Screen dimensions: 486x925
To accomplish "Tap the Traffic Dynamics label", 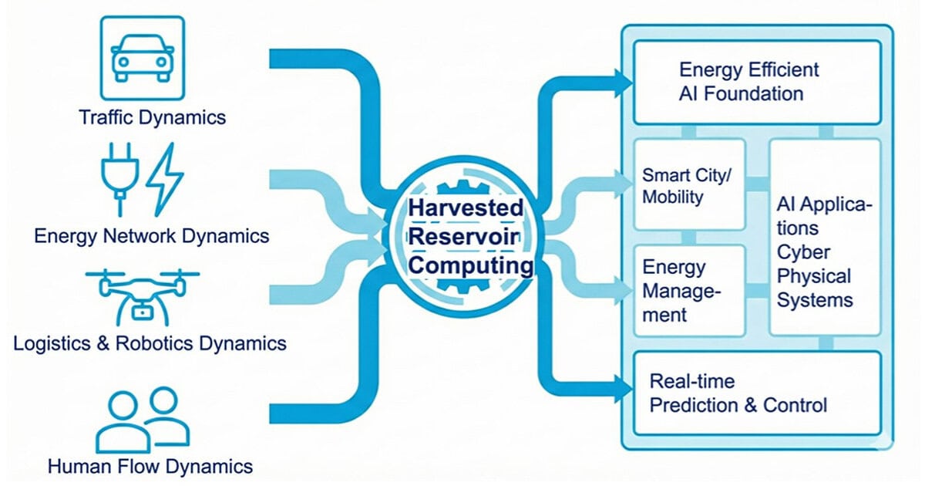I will (153, 118).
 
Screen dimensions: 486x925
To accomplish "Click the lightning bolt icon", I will (165, 180).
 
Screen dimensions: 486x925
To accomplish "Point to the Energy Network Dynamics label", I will (151, 235).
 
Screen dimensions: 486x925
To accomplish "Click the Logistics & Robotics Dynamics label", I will (150, 343).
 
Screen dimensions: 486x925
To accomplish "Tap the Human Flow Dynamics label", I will (150, 467).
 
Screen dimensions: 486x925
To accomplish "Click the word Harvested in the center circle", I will (466, 208).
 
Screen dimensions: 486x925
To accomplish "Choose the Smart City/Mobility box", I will (689, 185).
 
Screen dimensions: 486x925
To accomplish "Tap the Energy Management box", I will (689, 291).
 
